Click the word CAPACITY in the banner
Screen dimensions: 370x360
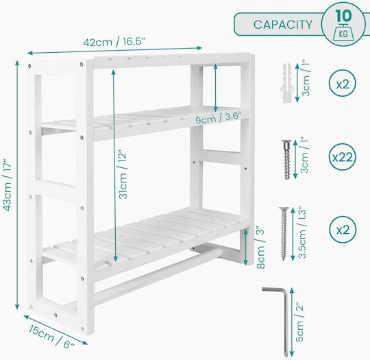click(282, 25)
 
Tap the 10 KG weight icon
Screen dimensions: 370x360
click(343, 24)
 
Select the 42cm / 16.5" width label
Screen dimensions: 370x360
click(114, 43)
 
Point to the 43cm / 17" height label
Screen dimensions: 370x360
click(7, 185)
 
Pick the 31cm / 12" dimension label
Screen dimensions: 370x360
click(123, 174)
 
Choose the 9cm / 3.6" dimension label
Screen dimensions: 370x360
click(219, 117)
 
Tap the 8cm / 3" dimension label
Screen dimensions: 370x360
click(261, 247)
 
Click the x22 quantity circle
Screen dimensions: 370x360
click(343, 157)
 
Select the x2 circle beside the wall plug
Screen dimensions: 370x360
click(343, 84)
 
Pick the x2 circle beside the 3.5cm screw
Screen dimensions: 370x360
click(343, 229)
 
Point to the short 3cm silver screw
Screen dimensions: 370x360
click(286, 159)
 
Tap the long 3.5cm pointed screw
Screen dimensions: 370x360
click(284, 233)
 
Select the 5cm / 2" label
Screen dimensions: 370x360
click(299, 322)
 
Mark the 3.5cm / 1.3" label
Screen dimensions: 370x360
click(302, 233)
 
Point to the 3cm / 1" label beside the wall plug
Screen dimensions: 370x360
click(306, 79)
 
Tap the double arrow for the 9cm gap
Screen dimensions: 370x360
click(215, 88)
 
